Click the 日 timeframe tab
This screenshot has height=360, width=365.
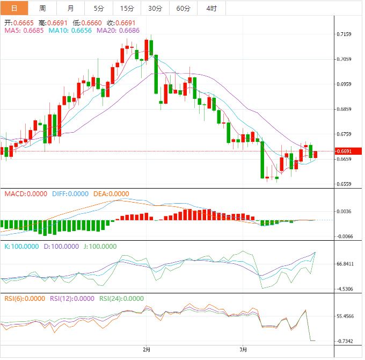point(14,8)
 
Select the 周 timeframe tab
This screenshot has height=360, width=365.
point(42,8)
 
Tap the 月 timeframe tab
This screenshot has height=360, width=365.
point(71,8)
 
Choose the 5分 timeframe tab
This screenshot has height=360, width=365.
point(99,8)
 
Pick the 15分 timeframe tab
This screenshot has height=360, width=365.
point(127,8)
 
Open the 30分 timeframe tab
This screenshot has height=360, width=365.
point(155,8)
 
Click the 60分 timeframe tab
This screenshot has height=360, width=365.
point(184,8)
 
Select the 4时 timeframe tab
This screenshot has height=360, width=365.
point(211,8)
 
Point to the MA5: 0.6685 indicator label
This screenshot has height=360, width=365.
point(24,31)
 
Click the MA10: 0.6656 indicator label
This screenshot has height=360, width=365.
point(70,31)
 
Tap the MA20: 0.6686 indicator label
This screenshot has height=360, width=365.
point(118,31)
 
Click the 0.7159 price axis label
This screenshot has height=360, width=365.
point(344,34)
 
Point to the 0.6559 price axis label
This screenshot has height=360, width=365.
point(344,184)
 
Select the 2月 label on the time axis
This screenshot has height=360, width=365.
point(147,349)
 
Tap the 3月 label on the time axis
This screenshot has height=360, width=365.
point(243,349)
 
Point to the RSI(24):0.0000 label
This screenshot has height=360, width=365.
point(118,299)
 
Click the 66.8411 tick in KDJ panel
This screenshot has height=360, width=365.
point(346,264)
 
